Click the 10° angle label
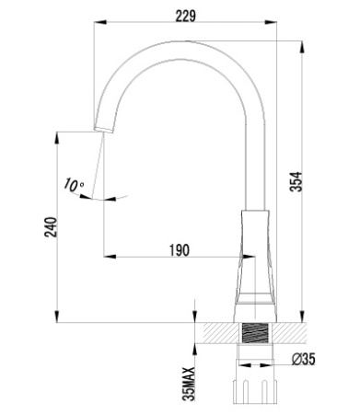point(74,186)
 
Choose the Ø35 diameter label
point(303,359)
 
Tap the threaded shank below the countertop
point(255,335)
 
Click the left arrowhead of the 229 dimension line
point(99,29)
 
